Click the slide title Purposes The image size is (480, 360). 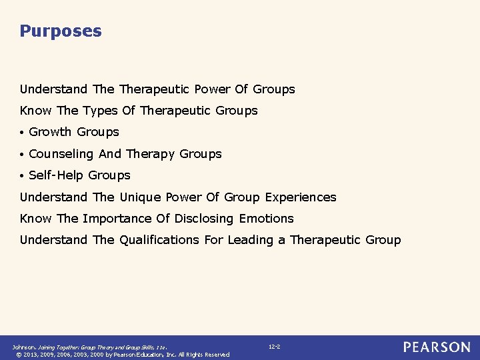click(x=61, y=31)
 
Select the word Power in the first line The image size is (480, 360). click(x=211, y=89)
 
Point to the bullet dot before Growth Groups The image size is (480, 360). click(x=23, y=133)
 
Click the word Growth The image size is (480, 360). click(x=50, y=132)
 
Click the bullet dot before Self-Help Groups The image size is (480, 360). click(x=23, y=176)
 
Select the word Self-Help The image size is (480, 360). click(x=56, y=175)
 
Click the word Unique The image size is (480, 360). click(x=139, y=197)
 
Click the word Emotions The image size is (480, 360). click(x=266, y=219)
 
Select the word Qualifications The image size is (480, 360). click(x=159, y=240)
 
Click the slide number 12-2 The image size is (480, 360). click(x=274, y=347)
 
